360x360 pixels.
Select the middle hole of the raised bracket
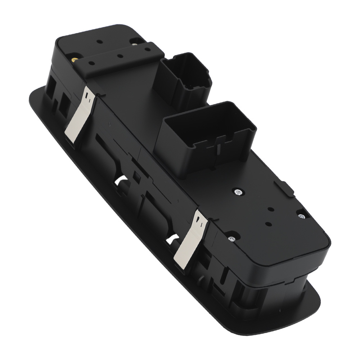click(119, 57)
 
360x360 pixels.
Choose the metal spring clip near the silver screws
click(189, 239)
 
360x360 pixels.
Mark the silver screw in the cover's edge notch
click(301, 216)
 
